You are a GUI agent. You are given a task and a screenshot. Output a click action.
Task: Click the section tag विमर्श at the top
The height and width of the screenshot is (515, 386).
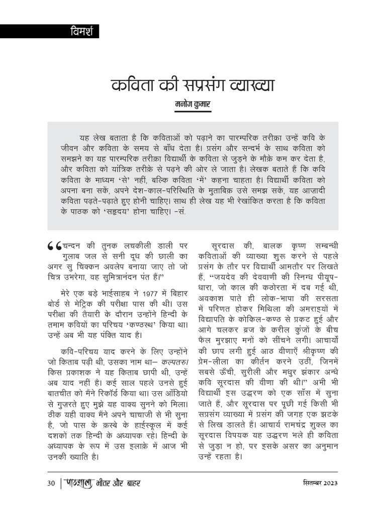pyautogui.click(x=78, y=32)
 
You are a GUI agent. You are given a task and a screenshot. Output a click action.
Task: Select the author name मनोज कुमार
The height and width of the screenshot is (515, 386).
pyautogui.click(x=193, y=105)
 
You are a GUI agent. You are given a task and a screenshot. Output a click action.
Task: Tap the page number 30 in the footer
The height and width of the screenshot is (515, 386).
pyautogui.click(x=50, y=484)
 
